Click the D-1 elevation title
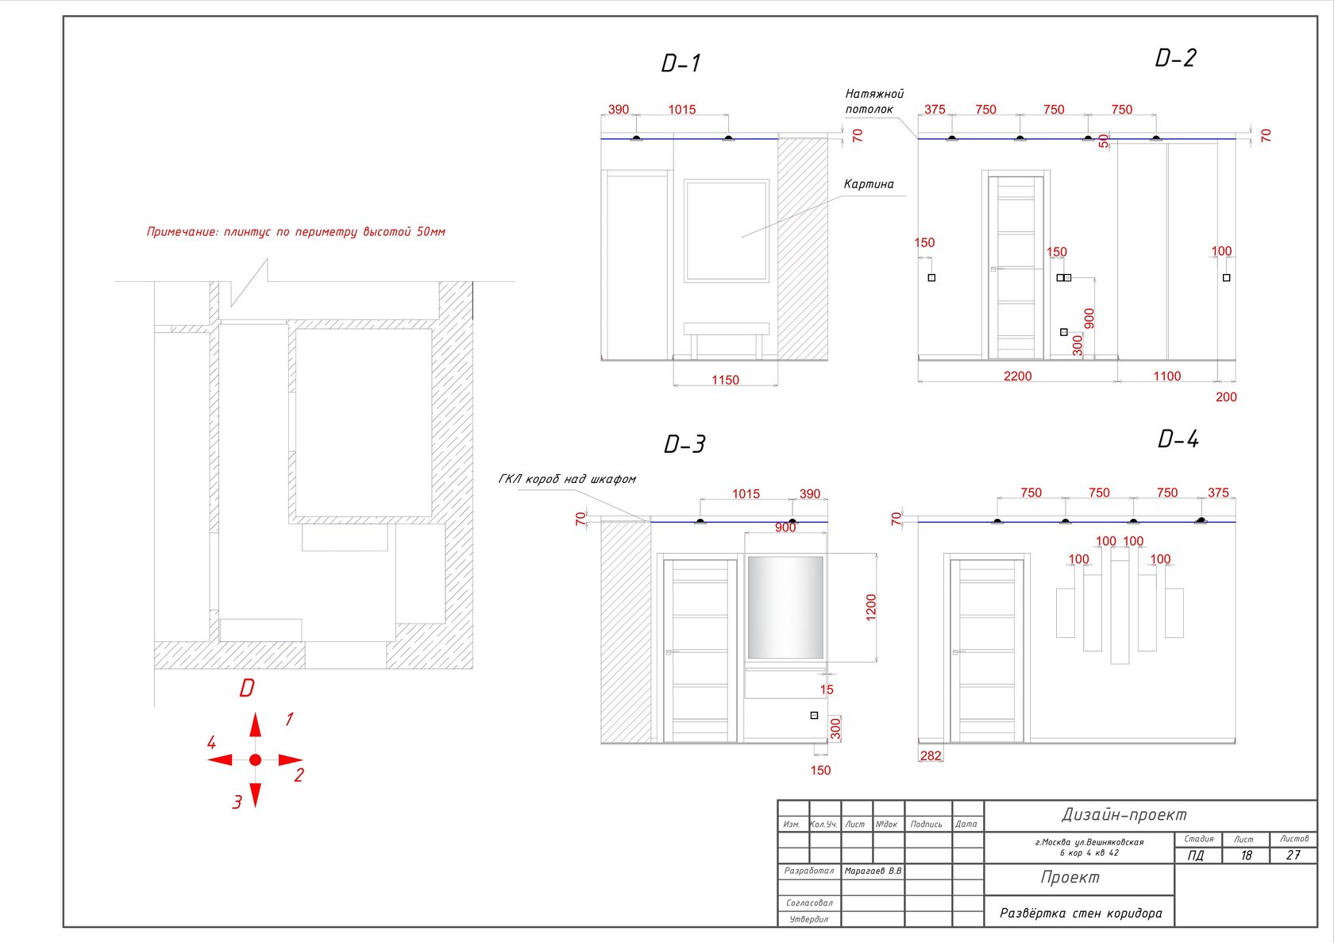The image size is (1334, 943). click(x=680, y=63)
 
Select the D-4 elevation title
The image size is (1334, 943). click(x=1178, y=439)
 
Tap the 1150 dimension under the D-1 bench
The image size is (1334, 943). click(x=725, y=380)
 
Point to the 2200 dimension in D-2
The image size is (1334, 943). click(x=1017, y=376)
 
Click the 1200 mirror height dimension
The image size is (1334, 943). click(x=870, y=607)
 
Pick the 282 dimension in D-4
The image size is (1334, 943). click(x=931, y=756)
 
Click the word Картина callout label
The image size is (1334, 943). click(x=869, y=184)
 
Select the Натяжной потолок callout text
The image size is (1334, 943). click(x=874, y=101)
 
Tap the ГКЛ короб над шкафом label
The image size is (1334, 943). click(x=567, y=479)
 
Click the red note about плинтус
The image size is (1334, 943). click(x=296, y=232)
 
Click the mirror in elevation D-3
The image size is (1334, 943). click(x=785, y=607)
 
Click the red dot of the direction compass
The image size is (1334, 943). click(x=256, y=759)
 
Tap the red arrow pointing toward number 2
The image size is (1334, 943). click(x=291, y=759)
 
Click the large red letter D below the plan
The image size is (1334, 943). click(x=246, y=688)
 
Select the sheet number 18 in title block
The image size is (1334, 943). click(x=1246, y=856)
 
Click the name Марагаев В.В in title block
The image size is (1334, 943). click(x=873, y=871)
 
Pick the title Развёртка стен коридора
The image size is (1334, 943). click(x=1080, y=914)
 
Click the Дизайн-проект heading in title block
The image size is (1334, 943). click(x=1124, y=814)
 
